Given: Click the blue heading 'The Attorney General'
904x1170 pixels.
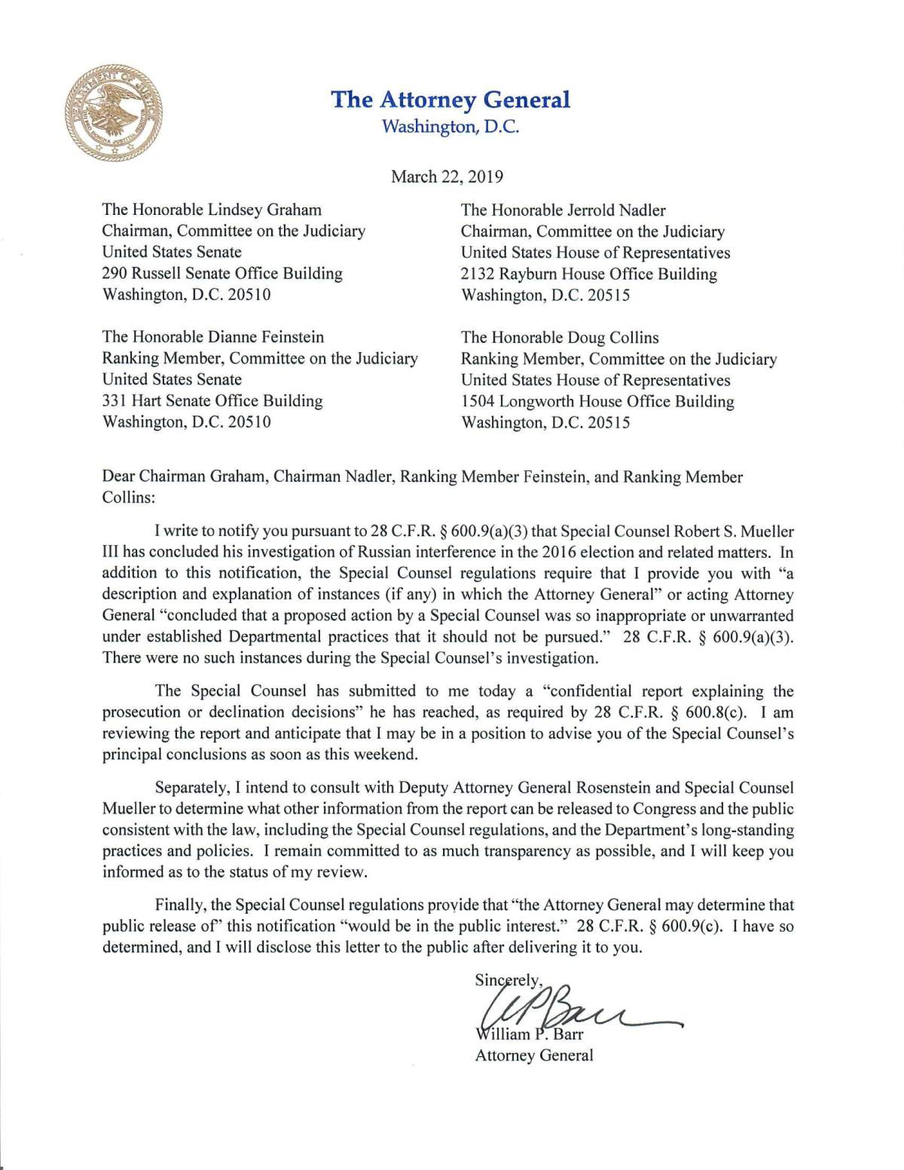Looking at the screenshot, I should click(x=450, y=100).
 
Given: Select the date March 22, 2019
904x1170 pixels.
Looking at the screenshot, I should click(x=447, y=177).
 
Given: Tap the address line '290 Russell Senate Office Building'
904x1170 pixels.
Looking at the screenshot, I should click(x=222, y=273).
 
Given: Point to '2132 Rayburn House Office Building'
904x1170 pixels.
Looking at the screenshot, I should click(x=588, y=274).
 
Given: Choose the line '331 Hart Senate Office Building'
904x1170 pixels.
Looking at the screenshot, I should click(x=212, y=400).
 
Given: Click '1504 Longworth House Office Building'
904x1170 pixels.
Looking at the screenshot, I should click(x=597, y=401).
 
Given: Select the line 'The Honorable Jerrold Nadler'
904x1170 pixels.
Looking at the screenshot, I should click(x=563, y=210).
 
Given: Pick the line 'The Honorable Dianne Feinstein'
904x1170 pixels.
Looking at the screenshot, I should click(x=213, y=337).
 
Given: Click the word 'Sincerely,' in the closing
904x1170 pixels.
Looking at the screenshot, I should click(x=508, y=980).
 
